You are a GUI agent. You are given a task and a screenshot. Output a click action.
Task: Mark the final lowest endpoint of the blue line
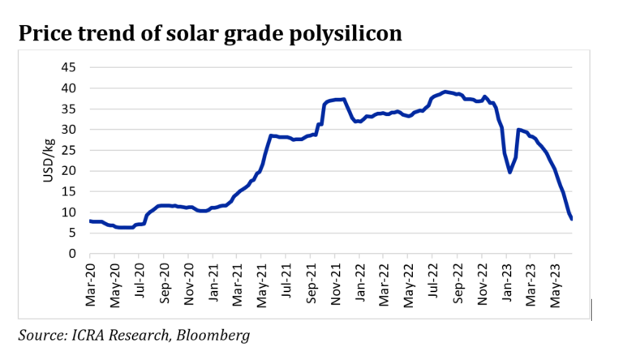click(x=572, y=219)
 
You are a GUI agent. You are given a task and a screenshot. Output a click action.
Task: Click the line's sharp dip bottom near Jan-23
click(x=509, y=172)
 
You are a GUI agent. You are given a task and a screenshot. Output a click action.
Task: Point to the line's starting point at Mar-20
click(x=90, y=221)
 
